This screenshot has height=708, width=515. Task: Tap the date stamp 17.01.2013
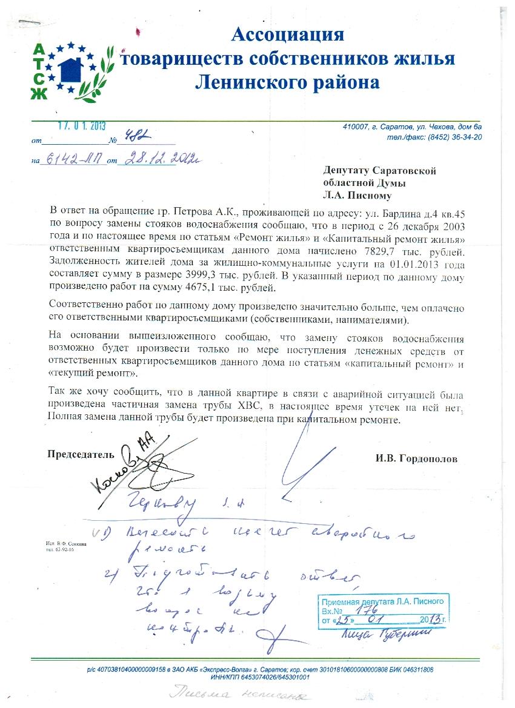[82, 126]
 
